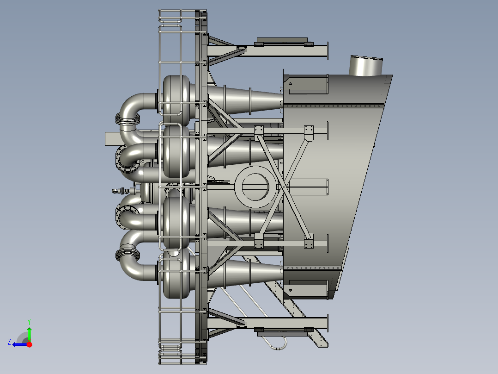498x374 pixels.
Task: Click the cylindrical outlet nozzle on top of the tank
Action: (x=365, y=66)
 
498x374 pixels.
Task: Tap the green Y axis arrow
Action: (x=29, y=332)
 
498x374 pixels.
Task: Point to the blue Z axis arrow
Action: (x=18, y=344)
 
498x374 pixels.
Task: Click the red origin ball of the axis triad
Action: (x=29, y=344)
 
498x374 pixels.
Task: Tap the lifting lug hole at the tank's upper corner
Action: (x=291, y=83)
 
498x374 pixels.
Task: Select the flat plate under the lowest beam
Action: (x=281, y=331)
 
